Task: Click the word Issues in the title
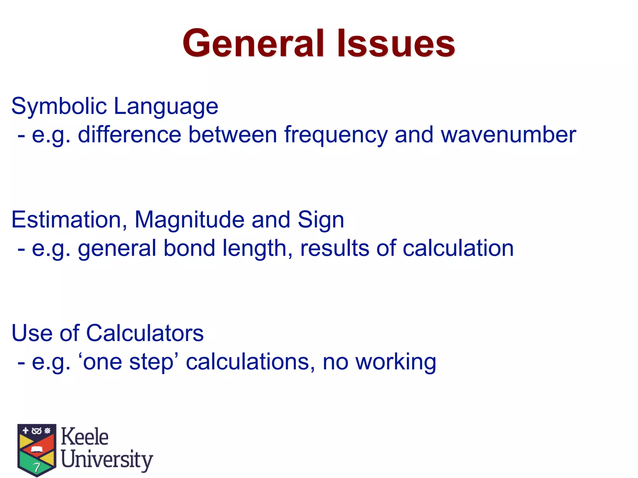(x=396, y=43)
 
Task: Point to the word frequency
(x=336, y=135)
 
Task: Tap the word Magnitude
(x=189, y=220)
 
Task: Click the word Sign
(x=321, y=220)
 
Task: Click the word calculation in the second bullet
(x=458, y=248)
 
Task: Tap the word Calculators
(x=145, y=333)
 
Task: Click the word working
(x=396, y=362)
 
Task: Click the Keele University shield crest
(x=37, y=449)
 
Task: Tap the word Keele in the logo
(x=84, y=436)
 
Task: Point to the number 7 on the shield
(x=37, y=467)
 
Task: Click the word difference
(x=129, y=135)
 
